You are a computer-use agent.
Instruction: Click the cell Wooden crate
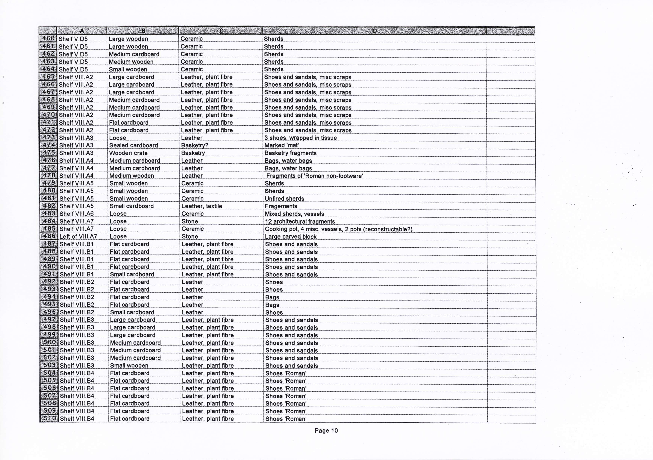pos(128,153)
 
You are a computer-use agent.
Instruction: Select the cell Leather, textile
pos(202,206)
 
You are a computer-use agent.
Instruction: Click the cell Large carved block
pos(291,237)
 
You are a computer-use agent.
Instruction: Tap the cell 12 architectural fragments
pos(300,221)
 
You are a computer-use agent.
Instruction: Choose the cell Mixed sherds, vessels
pos(294,214)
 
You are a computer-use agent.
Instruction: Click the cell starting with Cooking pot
pos(338,229)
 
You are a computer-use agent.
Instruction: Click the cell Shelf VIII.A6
pos(77,214)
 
